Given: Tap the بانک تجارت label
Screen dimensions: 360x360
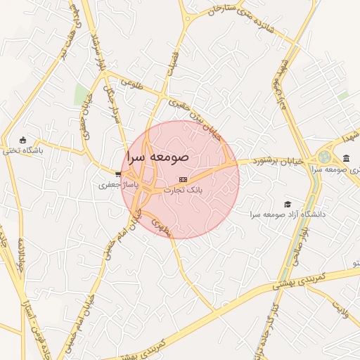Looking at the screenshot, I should [x=183, y=190].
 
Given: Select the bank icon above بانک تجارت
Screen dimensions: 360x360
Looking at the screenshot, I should [x=184, y=180].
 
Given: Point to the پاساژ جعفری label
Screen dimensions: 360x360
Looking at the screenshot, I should [x=115, y=184].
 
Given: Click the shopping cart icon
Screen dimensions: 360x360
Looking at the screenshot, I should [x=118, y=174].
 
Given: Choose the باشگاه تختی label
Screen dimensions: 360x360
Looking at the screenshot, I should [x=22, y=150].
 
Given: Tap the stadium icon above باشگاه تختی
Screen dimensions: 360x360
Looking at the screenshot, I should [x=22, y=139].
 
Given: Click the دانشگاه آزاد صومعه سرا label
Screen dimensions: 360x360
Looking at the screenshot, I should [x=275, y=214].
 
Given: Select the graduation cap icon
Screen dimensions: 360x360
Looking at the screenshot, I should [x=287, y=203].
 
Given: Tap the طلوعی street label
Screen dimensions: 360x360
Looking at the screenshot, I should [x=131, y=83].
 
